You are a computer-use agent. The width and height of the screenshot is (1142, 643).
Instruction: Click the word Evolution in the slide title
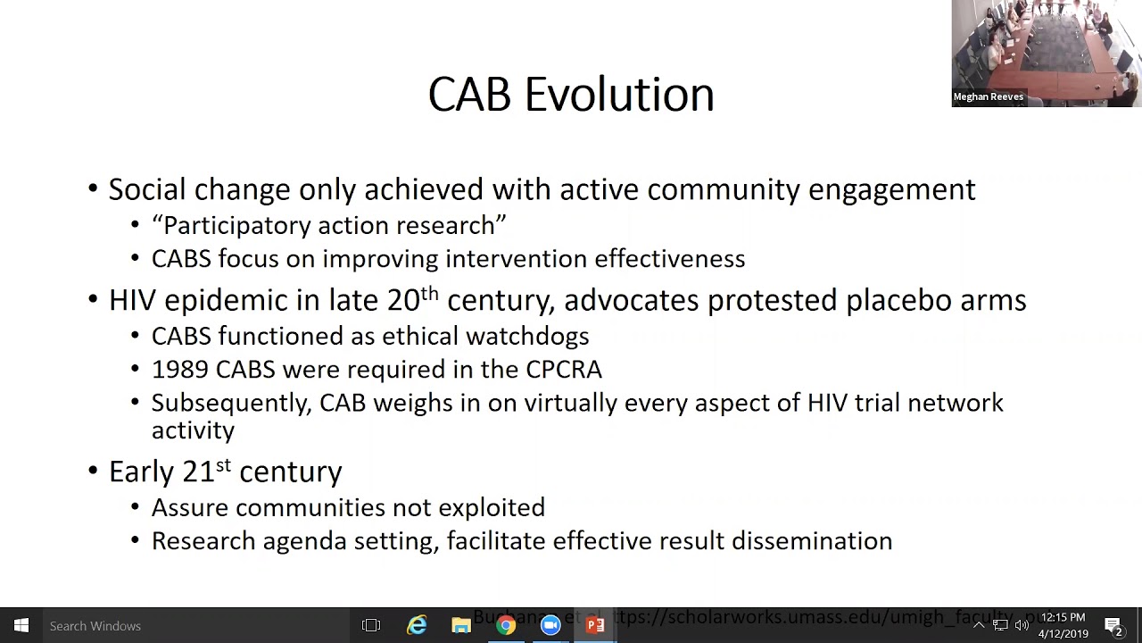(619, 95)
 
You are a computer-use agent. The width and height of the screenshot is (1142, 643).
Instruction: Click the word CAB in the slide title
(468, 95)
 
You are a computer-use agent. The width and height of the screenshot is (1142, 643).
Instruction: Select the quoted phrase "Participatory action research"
(328, 225)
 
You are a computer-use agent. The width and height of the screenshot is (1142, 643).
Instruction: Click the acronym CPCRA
(563, 370)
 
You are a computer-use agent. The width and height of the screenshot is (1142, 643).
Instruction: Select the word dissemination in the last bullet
(811, 541)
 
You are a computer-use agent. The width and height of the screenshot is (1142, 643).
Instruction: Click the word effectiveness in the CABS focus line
(669, 259)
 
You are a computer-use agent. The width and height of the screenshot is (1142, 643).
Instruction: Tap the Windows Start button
(21, 626)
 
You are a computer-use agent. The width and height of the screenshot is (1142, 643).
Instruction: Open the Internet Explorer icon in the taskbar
(417, 626)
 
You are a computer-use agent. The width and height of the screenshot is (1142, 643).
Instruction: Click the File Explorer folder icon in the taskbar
(461, 626)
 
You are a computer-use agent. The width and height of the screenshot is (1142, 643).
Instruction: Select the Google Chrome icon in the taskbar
(506, 626)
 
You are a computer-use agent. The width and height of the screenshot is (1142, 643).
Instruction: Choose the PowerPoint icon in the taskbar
(595, 626)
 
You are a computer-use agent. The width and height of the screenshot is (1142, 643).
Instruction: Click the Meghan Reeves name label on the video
(988, 96)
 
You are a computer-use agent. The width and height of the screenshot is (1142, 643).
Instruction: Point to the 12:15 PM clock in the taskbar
(1063, 618)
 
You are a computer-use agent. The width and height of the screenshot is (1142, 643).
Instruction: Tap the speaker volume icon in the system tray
(1022, 626)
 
